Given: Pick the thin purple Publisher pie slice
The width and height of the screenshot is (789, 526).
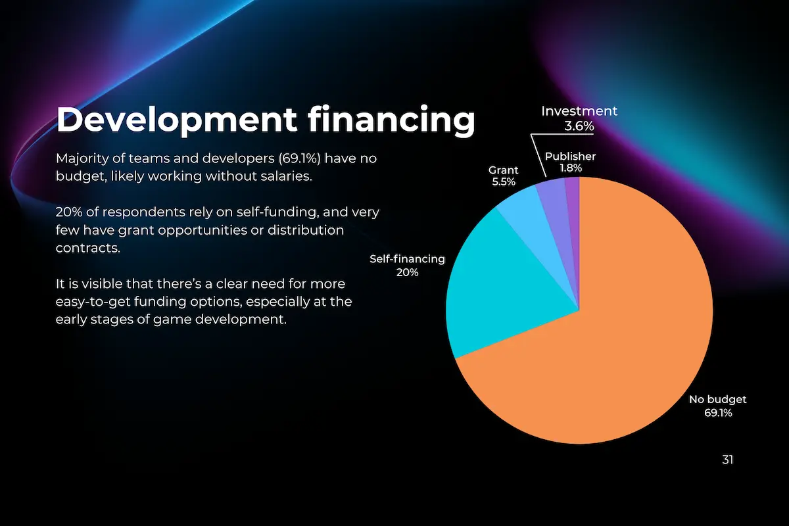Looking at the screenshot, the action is coord(573,218).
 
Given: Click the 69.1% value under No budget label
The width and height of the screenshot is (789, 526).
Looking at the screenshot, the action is coord(718,413).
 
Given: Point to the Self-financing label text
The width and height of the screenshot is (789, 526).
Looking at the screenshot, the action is coord(407,259).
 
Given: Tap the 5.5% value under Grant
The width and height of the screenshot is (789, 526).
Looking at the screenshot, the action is coord(504,181).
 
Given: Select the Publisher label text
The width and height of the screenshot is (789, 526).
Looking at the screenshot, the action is coord(570,156).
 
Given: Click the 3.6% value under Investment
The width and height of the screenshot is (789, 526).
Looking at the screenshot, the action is coord(579,126).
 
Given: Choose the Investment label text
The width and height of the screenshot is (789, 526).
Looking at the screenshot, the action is coord(579,111).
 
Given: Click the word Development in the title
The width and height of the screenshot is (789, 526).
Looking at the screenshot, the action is coord(176,120).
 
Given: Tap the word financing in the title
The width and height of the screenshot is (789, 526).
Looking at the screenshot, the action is coord(391,120).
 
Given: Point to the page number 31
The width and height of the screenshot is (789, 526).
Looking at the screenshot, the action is coord(727,460).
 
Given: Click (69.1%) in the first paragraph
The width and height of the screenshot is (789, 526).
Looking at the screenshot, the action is coord(300,158).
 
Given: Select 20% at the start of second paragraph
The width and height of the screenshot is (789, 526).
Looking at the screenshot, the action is coord(69,212).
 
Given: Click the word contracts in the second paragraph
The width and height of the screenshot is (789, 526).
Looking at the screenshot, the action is coord(88,248).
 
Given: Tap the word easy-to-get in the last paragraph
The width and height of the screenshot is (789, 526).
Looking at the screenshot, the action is coord(93,302).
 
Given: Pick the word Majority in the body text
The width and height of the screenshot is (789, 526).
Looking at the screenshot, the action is coord(82,159).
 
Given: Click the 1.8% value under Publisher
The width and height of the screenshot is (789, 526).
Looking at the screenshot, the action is coord(571,168).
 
